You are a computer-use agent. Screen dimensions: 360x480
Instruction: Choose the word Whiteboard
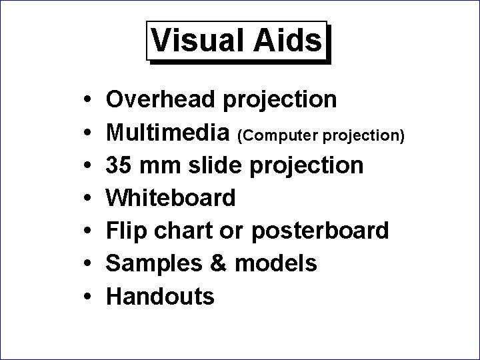click(171, 197)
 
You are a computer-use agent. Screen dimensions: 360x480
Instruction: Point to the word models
click(275, 263)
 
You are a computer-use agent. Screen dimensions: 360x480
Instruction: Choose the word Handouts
click(161, 296)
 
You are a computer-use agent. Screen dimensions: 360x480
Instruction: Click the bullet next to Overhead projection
click(88, 100)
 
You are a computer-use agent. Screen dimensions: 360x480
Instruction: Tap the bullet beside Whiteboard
click(88, 198)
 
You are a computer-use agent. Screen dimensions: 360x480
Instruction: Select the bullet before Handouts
click(88, 297)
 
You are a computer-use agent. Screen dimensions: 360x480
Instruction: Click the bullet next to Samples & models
click(88, 264)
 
